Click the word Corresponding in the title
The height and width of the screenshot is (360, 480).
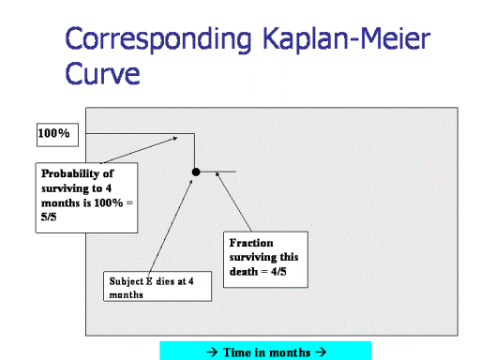coord(158,39)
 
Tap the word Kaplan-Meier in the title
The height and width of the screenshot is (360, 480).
coord(347,38)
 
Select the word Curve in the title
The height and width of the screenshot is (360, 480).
coord(102,73)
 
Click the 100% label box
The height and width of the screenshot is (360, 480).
coord(57,135)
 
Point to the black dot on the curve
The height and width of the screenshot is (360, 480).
coord(196,172)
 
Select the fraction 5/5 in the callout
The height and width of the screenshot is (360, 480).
coord(49,217)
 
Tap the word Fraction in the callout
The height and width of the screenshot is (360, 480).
coord(251,243)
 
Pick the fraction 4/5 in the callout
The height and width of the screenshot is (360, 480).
coord(278,271)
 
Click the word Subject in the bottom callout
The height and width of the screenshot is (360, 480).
coord(127,281)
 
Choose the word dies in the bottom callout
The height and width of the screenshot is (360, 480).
coord(165,281)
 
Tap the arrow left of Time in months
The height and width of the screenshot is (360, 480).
coord(212,352)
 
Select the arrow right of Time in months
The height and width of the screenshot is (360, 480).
coord(321,352)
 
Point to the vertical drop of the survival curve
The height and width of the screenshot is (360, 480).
coord(194,152)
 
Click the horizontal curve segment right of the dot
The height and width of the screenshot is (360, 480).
coord(217,172)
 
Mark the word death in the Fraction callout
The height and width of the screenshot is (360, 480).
coord(244,271)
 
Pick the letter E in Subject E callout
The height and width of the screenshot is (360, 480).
coord(149,281)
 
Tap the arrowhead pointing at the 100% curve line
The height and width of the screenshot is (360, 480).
coord(175,138)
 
